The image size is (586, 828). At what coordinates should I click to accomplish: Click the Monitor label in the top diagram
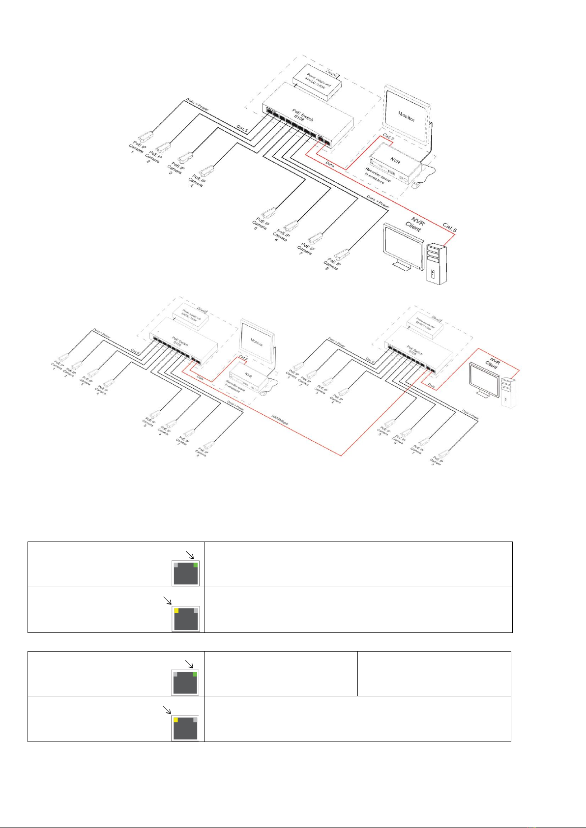[406, 116]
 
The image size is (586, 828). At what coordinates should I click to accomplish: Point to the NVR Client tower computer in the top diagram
[437, 263]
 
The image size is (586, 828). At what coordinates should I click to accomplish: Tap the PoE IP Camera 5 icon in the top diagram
[268, 213]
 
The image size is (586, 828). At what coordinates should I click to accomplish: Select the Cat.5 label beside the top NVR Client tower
[449, 227]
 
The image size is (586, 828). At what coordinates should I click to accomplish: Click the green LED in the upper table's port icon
[195, 566]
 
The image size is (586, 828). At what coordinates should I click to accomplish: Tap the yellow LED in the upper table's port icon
[176, 611]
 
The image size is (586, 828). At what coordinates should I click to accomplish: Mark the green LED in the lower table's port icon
[195, 674]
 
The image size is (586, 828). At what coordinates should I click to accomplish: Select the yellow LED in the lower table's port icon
[175, 720]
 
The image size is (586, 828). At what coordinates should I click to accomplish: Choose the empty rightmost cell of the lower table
[434, 673]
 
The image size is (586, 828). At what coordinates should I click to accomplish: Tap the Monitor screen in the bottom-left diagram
[257, 342]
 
